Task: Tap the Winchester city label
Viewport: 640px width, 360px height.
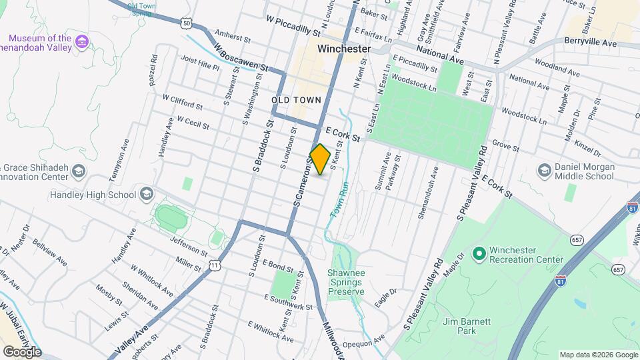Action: [344, 49]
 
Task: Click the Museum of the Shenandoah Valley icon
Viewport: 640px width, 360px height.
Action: [82, 42]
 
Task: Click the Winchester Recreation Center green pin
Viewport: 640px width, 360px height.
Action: [478, 254]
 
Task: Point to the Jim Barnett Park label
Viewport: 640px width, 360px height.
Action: [467, 326]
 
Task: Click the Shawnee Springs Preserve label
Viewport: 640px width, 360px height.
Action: [345, 282]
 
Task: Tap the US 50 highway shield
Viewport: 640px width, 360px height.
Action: [186, 24]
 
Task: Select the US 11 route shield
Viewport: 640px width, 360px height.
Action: [214, 265]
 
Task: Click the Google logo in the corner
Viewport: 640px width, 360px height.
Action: [22, 351]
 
